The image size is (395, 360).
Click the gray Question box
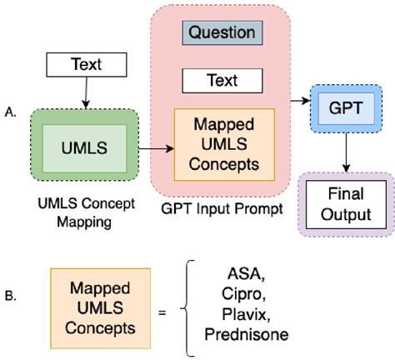(x=222, y=33)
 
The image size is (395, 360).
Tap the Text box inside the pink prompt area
(x=222, y=80)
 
